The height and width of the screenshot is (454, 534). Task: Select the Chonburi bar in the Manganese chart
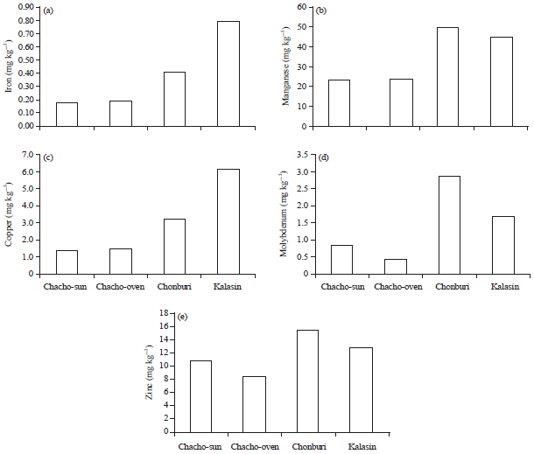446,77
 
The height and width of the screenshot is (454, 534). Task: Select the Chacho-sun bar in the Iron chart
67,115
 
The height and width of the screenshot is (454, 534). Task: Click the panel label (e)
182,317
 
